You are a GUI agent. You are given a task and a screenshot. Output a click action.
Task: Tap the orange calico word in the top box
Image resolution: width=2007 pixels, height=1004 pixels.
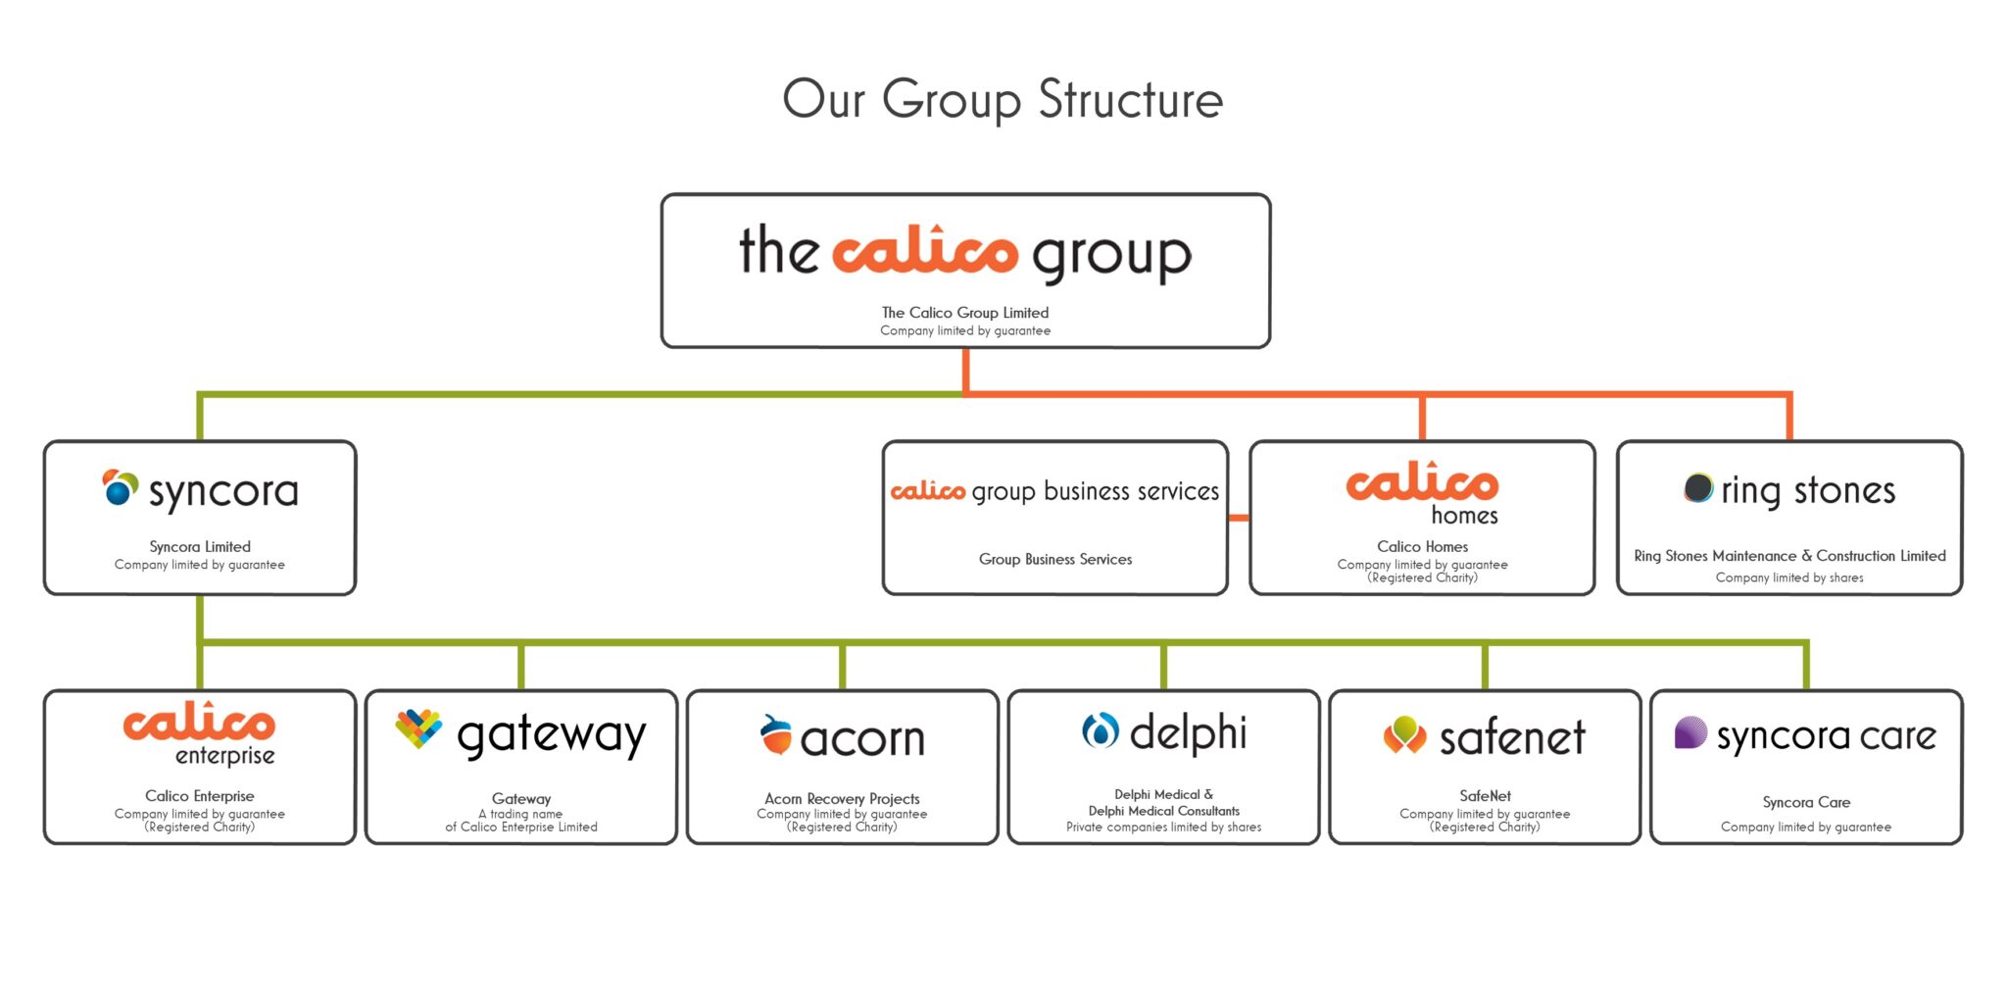(924, 251)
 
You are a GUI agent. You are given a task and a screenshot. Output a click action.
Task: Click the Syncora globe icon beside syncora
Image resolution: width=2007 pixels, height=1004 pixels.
(120, 487)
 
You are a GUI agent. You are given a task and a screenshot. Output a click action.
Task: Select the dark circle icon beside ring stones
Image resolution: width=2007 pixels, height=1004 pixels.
(1698, 487)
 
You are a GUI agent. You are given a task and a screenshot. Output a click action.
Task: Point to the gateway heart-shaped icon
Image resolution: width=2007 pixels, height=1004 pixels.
(418, 728)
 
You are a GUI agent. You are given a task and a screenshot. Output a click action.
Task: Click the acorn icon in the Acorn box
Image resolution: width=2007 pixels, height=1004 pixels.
(776, 735)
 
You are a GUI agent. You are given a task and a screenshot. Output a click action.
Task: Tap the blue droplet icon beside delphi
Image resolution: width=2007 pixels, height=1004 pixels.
(1100, 730)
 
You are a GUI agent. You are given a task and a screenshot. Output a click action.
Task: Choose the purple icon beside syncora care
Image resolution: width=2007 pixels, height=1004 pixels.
(1690, 732)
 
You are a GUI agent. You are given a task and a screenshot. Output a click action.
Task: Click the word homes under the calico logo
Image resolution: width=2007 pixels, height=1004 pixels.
(1464, 516)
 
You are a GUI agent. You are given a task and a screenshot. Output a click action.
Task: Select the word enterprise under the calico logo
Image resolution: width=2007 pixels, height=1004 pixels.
(224, 756)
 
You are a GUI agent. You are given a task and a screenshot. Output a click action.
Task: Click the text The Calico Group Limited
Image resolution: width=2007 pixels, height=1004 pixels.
(965, 313)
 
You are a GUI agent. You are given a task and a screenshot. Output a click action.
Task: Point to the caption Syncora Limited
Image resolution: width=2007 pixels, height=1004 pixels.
(200, 547)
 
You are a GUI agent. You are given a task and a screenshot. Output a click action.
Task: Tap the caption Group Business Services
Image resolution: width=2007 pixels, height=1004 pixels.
(1055, 559)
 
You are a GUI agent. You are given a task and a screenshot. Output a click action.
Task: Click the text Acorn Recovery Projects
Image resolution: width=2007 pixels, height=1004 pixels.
(842, 798)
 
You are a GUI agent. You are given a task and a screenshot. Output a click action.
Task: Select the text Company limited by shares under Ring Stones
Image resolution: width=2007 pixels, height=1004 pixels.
(1789, 577)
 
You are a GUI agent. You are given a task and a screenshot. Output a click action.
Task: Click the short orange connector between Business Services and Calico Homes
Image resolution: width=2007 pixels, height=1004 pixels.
(1239, 518)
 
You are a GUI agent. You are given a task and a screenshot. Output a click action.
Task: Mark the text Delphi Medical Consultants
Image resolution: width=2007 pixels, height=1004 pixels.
(1163, 811)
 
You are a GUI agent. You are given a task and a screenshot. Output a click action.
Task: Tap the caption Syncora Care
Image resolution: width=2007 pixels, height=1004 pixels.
(1806, 802)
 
